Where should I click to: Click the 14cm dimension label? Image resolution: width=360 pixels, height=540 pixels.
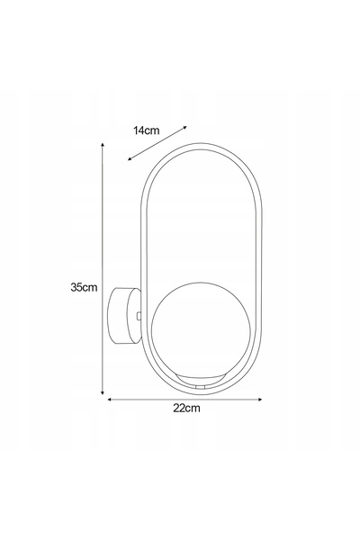[x=147, y=130]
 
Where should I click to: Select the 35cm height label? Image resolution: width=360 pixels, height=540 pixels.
[x=84, y=287]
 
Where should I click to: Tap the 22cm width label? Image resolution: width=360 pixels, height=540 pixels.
[x=186, y=408]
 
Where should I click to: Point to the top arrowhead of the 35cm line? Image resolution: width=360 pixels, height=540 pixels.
[x=103, y=145]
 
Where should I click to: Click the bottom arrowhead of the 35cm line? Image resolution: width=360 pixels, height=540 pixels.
[x=103, y=392]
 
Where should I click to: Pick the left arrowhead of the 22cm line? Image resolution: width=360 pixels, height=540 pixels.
[x=110, y=400]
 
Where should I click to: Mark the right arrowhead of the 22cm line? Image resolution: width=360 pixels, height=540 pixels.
[x=260, y=400]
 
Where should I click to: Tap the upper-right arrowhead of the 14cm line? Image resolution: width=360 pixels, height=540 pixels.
[x=184, y=128]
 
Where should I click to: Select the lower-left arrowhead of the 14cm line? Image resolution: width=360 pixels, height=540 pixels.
[x=130, y=158]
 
